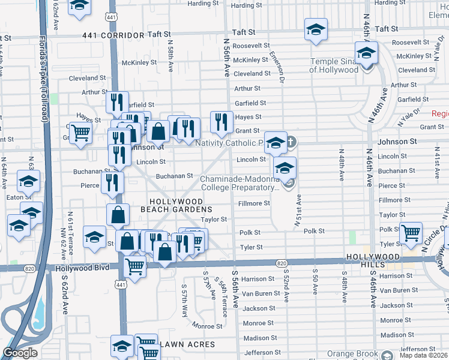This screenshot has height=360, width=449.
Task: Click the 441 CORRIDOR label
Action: [106, 35]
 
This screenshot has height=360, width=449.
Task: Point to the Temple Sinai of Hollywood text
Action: [334, 65]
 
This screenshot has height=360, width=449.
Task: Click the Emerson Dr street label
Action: [280, 61]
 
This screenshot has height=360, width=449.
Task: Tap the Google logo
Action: [20, 353]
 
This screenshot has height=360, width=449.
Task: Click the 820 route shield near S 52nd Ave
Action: [282, 263]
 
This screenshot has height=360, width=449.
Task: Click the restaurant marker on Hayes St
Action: [221, 122]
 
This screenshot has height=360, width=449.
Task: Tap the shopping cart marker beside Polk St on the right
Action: [411, 232]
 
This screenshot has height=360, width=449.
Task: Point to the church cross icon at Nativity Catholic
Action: [291, 143]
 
